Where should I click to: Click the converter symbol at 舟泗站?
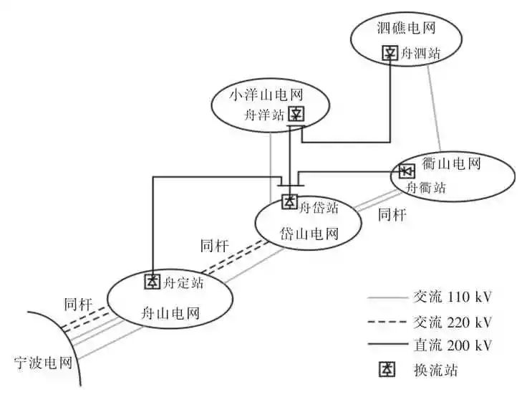point(390,53)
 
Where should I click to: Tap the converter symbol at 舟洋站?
point(296,114)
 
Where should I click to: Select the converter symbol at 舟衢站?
point(406,171)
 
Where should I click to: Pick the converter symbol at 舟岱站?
point(289,202)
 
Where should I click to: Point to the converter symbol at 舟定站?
point(153,281)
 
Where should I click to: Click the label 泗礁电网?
point(406,29)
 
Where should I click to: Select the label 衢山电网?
point(470,163)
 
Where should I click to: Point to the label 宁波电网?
point(43,361)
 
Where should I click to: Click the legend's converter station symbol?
point(387,370)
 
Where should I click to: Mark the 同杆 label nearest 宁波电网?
point(78,304)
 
